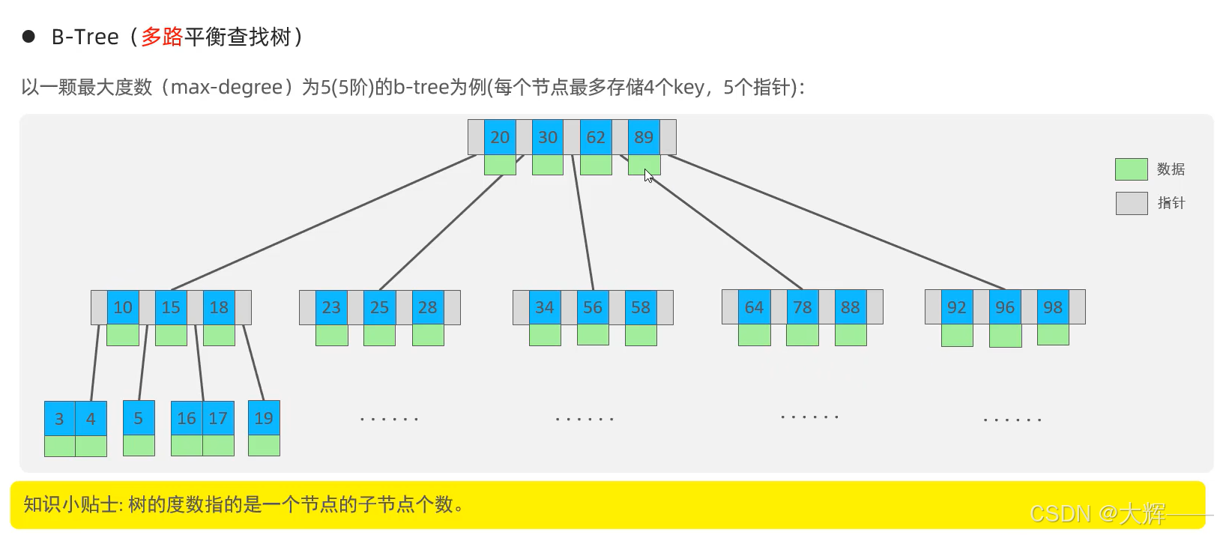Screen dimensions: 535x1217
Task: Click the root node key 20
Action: point(500,137)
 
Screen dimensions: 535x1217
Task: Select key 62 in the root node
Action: point(596,137)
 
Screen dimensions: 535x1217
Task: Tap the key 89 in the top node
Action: point(644,137)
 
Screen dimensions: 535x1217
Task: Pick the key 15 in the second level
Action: point(171,307)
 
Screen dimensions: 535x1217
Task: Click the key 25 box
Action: point(379,307)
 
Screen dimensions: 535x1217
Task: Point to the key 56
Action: point(593,307)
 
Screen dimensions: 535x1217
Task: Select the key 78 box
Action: point(803,307)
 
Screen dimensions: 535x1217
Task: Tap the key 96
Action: point(1005,307)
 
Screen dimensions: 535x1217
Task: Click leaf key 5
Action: point(139,418)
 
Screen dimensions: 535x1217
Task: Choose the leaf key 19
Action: point(264,418)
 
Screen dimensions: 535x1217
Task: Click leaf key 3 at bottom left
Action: point(59,419)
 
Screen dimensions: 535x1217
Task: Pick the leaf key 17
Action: point(218,418)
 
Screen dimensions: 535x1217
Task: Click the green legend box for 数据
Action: point(1131,169)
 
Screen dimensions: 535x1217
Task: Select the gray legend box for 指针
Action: point(1131,203)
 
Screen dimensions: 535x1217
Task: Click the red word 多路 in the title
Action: point(162,37)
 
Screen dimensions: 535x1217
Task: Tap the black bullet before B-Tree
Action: point(28,37)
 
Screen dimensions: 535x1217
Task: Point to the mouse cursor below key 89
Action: point(648,175)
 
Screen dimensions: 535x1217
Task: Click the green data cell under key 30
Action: point(548,165)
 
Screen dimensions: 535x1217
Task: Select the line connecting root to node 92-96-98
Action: point(836,222)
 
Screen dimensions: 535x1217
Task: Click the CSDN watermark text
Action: point(1098,513)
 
